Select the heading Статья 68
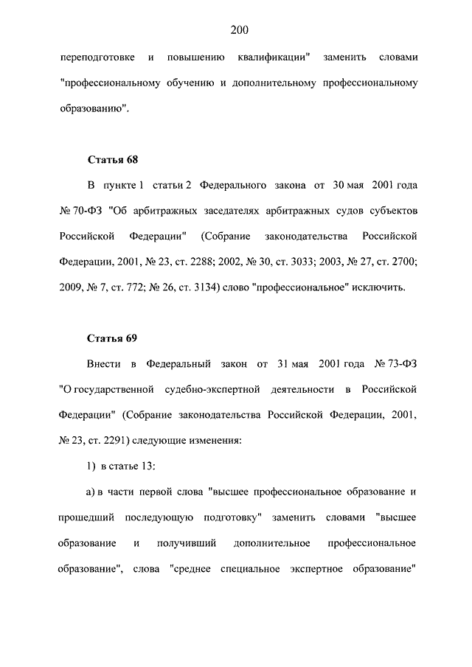pyautogui.click(x=113, y=160)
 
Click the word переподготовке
pyautogui.click(x=94, y=57)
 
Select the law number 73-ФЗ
pyautogui.click(x=396, y=363)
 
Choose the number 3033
pyautogui.click(x=303, y=261)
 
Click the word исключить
pyautogui.click(x=379, y=287)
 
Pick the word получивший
pyautogui.click(x=186, y=543)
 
